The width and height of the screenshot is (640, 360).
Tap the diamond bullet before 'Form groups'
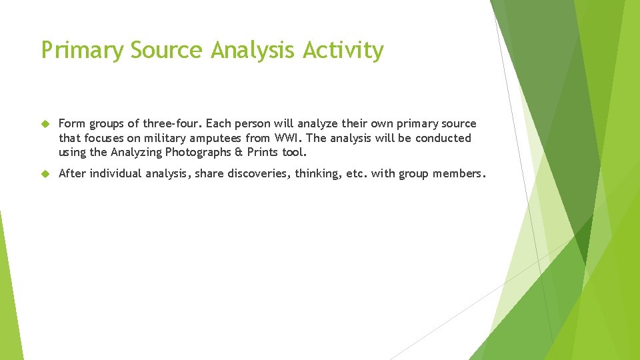[x=45, y=124]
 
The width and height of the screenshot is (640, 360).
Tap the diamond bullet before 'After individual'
[x=45, y=174]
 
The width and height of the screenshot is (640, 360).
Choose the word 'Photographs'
[x=196, y=153]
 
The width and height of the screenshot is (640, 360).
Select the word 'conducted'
[x=443, y=138]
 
